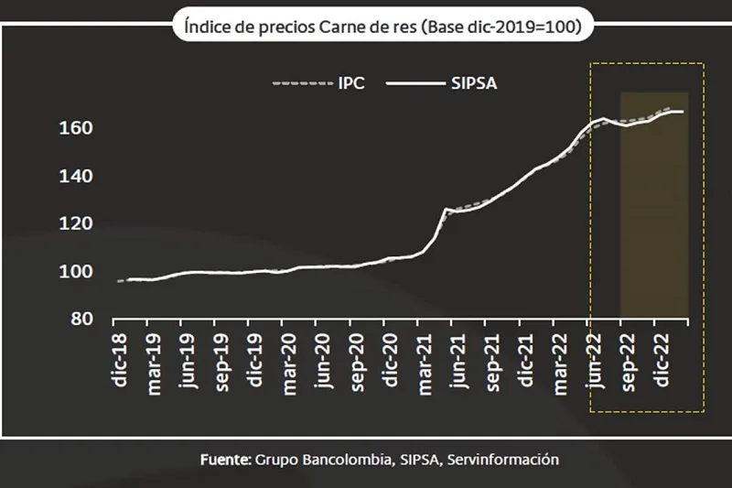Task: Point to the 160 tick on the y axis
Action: point(77,128)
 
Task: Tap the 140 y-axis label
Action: point(77,176)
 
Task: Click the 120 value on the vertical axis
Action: point(77,223)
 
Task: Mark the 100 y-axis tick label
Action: point(77,272)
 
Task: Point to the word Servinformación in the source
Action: point(503,459)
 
